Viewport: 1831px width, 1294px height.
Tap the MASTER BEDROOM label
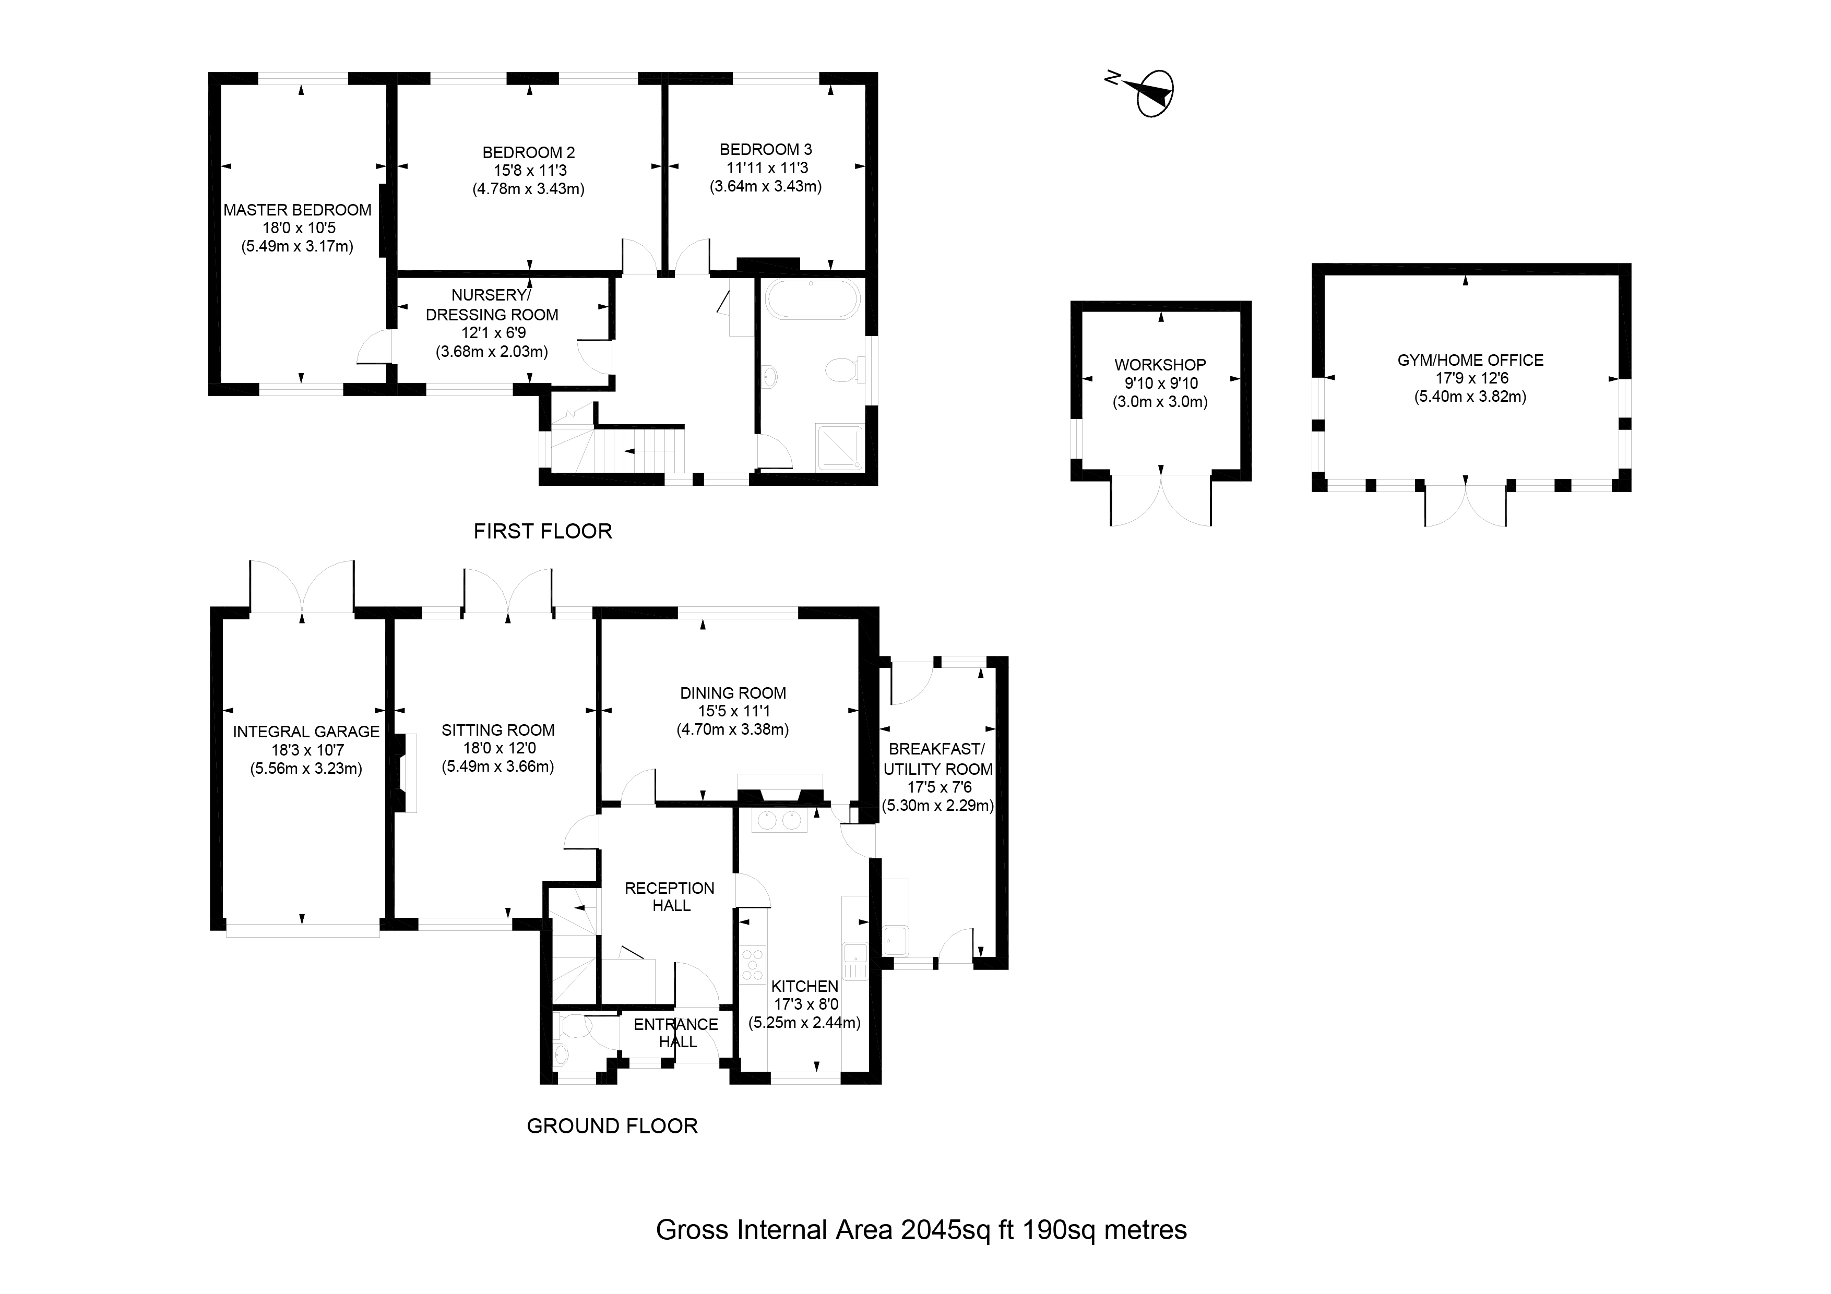click(x=298, y=210)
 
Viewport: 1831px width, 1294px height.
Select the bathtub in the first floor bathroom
click(x=813, y=300)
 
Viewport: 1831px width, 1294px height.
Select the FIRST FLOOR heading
click(x=543, y=532)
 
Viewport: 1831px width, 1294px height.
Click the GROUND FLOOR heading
click(x=612, y=1127)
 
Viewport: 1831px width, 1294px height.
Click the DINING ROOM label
click(x=733, y=693)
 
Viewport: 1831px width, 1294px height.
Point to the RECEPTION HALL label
click(x=670, y=897)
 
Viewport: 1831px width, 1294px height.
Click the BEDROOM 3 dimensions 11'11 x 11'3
click(x=766, y=168)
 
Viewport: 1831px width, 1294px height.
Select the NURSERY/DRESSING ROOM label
click(x=492, y=305)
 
